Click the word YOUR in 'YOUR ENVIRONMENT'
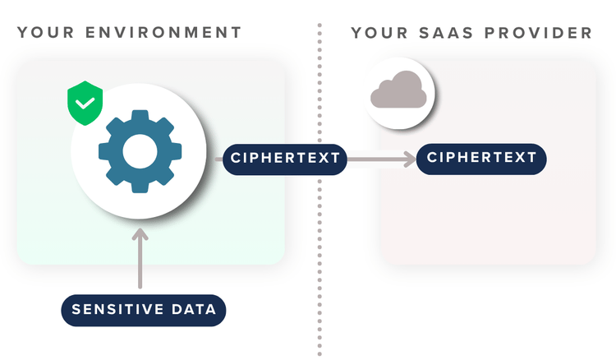tap(45, 32)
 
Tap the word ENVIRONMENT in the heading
tap(163, 32)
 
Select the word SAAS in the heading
tap(446, 33)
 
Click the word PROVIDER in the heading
tap(538, 33)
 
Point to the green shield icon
tap(85, 103)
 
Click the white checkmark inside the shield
tap(85, 103)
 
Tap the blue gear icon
tap(140, 151)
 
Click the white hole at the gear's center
tap(140, 151)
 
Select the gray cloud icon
tap(398, 90)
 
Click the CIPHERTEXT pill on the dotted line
tap(285, 159)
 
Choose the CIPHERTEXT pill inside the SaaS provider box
tap(481, 159)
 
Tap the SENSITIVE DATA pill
tap(144, 310)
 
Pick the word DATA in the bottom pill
tap(194, 310)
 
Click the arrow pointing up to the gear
tap(140, 258)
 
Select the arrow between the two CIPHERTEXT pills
tap(381, 159)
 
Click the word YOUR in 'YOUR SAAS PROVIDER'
tap(379, 33)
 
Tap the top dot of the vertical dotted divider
tap(319, 25)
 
